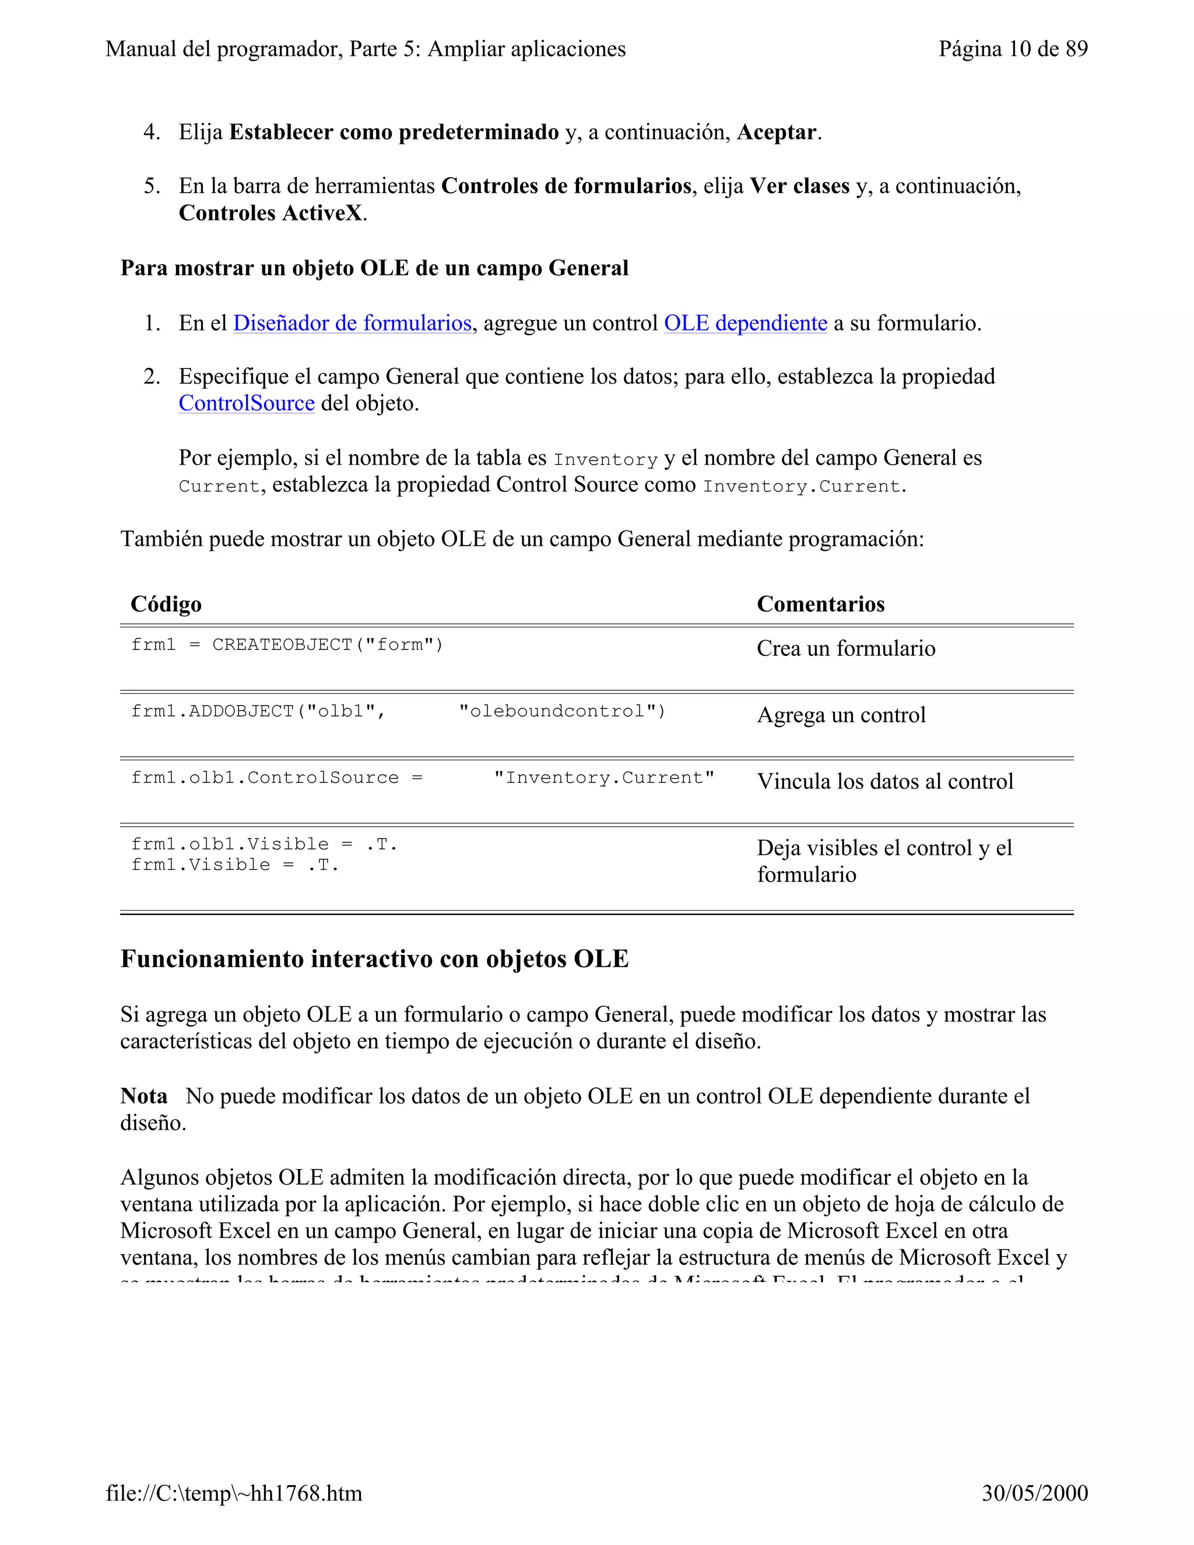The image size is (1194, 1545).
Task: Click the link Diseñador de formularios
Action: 352,324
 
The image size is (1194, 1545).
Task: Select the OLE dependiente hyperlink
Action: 745,324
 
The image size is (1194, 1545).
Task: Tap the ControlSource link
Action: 246,403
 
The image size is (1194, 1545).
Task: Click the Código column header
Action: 166,604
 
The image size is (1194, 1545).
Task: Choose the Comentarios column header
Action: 820,604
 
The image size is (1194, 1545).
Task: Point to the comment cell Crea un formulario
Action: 845,648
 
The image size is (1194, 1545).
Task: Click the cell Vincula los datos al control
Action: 885,781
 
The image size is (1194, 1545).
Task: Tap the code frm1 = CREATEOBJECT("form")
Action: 286,644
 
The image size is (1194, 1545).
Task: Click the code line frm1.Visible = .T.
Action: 235,865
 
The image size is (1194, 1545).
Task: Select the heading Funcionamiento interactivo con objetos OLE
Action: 374,958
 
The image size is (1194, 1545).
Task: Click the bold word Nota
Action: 143,1096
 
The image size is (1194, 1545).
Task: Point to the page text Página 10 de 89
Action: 1012,49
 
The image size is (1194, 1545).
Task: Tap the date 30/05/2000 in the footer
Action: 1034,1493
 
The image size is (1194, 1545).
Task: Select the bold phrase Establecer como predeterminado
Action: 394,132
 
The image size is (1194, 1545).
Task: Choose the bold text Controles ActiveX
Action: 271,213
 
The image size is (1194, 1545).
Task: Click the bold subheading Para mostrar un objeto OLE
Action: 374,268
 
